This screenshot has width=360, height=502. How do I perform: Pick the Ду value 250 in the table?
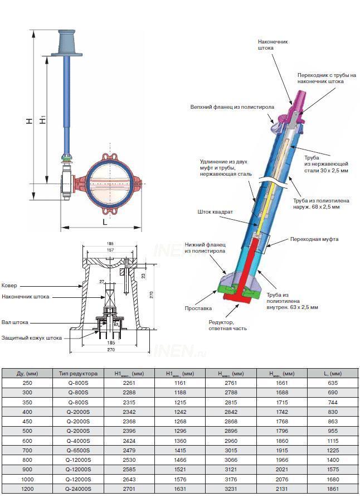click(x=28, y=383)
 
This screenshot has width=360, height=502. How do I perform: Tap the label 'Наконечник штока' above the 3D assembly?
click(x=273, y=45)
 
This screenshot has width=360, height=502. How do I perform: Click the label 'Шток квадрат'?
click(x=215, y=211)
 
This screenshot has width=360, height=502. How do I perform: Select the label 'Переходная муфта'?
click(x=314, y=239)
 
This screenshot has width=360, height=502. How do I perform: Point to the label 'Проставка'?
click(x=198, y=308)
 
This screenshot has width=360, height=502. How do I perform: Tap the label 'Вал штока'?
click(x=15, y=322)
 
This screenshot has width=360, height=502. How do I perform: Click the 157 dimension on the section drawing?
click(x=110, y=250)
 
